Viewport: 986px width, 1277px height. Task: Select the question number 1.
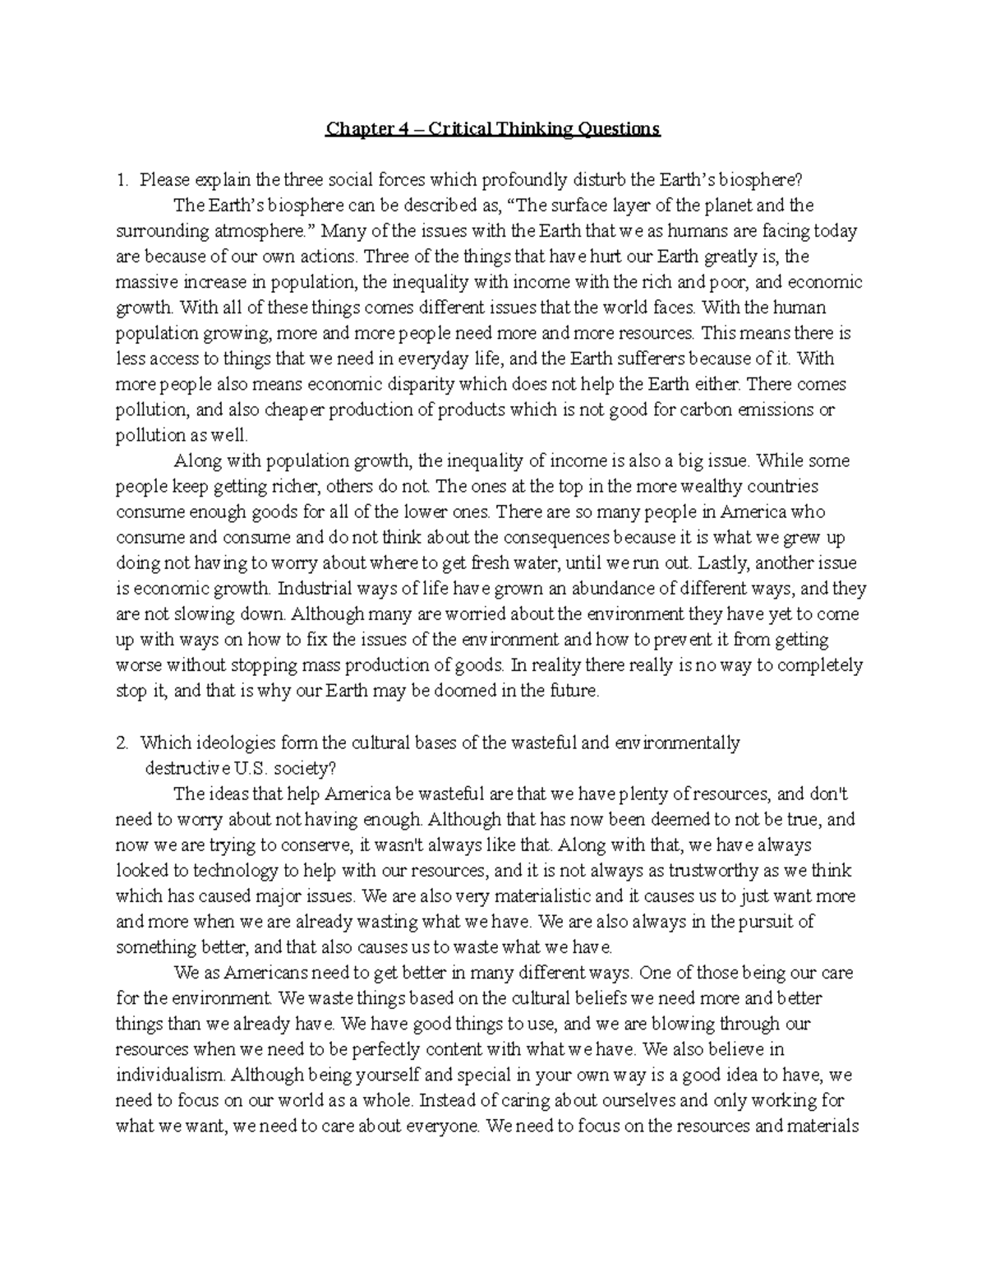pos(122,180)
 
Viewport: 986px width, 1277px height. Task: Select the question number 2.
pos(122,743)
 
